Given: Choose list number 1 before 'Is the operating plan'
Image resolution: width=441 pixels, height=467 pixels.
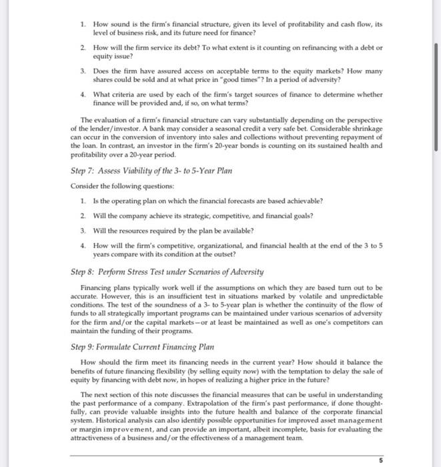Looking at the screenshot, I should pyautogui.click(x=81, y=200).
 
